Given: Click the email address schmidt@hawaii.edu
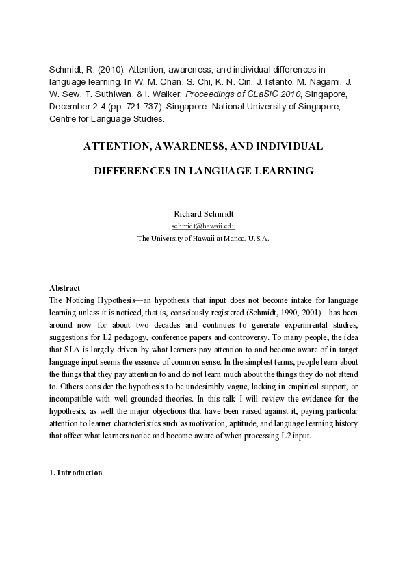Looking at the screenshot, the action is pos(203,225).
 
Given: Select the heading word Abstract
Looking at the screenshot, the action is pos(65,288).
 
